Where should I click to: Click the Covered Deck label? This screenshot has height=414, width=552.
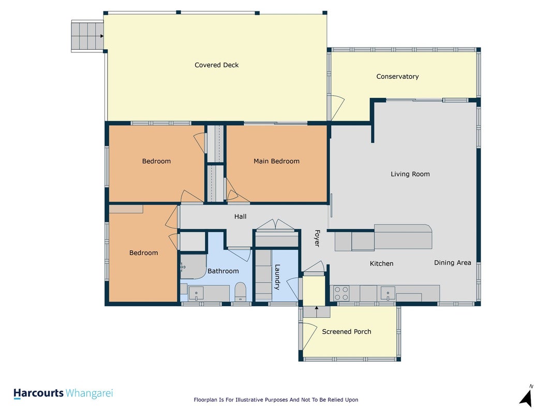[x=216, y=65]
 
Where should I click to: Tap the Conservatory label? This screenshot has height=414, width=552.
[x=397, y=77]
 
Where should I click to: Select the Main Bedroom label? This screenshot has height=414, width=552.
[x=276, y=161]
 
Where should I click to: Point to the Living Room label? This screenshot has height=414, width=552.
[x=410, y=174]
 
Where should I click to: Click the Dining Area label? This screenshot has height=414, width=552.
[x=452, y=262]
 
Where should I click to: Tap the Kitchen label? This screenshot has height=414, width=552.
[x=382, y=264]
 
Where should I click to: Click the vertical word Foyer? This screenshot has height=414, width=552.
[x=317, y=239]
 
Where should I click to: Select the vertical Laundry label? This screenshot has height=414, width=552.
[x=277, y=277]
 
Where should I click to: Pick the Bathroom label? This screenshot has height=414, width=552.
[x=223, y=271]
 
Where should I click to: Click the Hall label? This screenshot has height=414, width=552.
[x=241, y=216]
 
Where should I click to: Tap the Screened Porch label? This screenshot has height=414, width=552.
[x=347, y=332]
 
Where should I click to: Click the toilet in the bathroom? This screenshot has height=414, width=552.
[x=241, y=291]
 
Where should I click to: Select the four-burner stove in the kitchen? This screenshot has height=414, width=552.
[x=341, y=293]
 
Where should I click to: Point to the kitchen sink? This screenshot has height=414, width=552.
[x=387, y=293]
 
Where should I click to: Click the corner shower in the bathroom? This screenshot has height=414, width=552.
[x=193, y=267]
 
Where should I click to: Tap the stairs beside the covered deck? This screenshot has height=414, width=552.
[x=87, y=36]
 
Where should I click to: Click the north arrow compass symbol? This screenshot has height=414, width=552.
[x=526, y=398]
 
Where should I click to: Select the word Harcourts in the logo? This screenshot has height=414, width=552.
[x=38, y=393]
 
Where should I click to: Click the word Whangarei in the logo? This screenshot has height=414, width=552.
[x=89, y=394]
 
